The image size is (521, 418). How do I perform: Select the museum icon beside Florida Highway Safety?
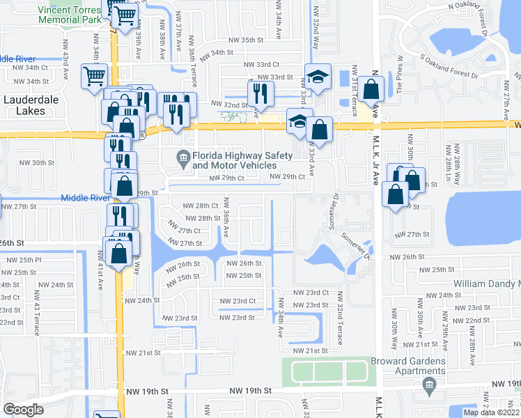pos(183,160)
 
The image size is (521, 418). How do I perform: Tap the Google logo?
pos(23,410)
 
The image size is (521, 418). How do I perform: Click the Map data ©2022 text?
pos(491,412)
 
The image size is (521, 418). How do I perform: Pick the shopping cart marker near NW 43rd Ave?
pos(93,76)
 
